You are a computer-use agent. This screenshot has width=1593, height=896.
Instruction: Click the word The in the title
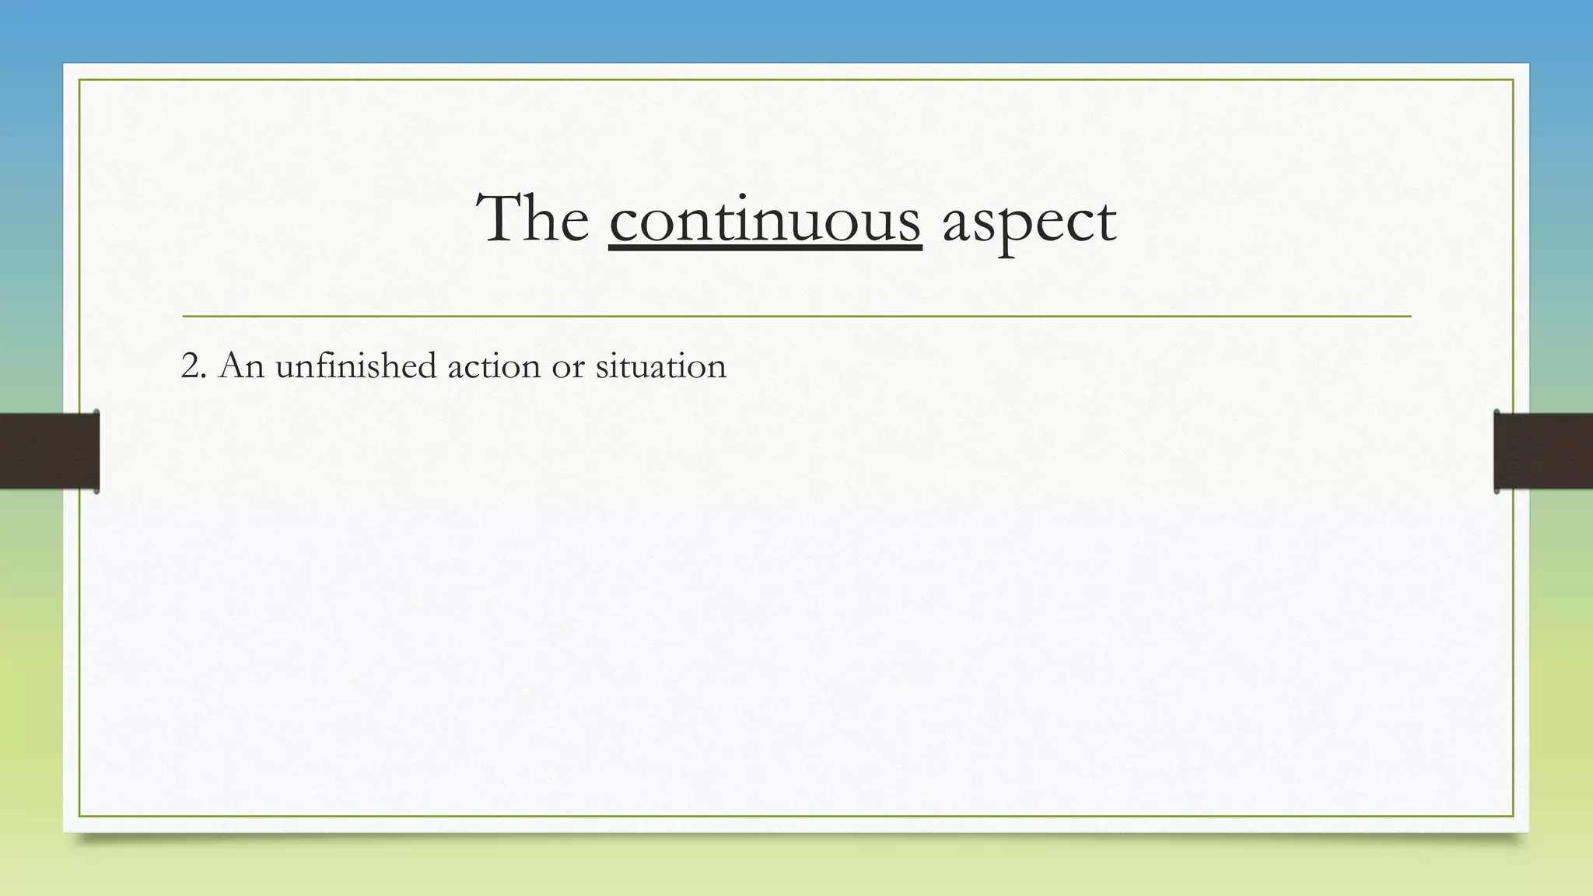[x=533, y=219]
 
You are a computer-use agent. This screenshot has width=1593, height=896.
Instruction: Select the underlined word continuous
[x=765, y=221]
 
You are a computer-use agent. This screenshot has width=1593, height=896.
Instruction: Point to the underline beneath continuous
[x=765, y=248]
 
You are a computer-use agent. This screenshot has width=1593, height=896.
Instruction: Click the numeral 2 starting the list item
[x=189, y=366]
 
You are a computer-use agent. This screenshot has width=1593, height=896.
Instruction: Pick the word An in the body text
[x=241, y=366]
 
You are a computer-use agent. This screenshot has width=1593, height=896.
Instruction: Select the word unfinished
[x=355, y=366]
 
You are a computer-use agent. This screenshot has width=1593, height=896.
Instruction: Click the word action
[x=493, y=366]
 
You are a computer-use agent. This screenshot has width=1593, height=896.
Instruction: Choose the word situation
[x=660, y=366]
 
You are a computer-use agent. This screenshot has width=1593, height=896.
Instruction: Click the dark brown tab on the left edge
[x=49, y=451]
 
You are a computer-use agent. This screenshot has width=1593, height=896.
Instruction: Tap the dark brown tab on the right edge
[x=1543, y=451]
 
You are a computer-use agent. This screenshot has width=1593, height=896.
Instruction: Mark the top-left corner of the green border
[x=79, y=80]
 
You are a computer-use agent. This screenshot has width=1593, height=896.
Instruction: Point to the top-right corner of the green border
[x=1513, y=80]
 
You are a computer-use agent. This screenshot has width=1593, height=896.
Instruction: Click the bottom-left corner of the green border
[x=79, y=816]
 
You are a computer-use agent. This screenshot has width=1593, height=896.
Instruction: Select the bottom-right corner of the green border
[x=1513, y=816]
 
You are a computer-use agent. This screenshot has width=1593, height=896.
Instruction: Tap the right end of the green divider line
[x=1409, y=317]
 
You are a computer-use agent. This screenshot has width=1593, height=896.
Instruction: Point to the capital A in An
[x=232, y=366]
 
